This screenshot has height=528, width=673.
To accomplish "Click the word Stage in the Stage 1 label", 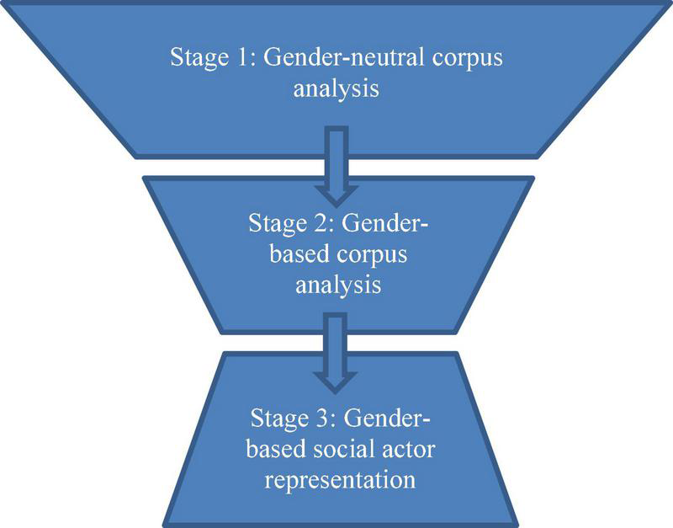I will [196, 60].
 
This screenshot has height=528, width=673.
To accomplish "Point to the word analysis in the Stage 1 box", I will [336, 88].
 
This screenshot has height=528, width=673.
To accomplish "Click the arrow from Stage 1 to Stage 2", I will [336, 164].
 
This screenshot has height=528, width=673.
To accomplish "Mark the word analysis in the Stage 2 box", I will [336, 285].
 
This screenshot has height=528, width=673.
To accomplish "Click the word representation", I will [336, 481].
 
